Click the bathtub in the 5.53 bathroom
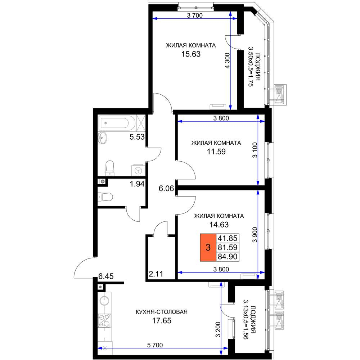(x=114, y=123)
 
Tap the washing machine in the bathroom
(x=138, y=170)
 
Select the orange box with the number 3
(x=208, y=248)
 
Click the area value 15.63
(x=191, y=54)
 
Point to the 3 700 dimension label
(x=195, y=15)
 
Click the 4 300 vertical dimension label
(x=227, y=60)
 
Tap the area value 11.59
(x=216, y=152)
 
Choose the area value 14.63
(x=219, y=225)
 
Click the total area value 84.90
(x=228, y=257)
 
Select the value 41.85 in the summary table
(x=228, y=238)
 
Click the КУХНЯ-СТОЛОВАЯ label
(x=162, y=312)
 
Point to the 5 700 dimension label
(x=155, y=345)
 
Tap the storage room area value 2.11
(x=156, y=274)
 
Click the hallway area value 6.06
(x=166, y=189)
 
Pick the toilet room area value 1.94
(x=137, y=184)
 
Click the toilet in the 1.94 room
(x=106, y=197)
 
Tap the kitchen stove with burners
(x=104, y=320)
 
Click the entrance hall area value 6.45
(x=106, y=276)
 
